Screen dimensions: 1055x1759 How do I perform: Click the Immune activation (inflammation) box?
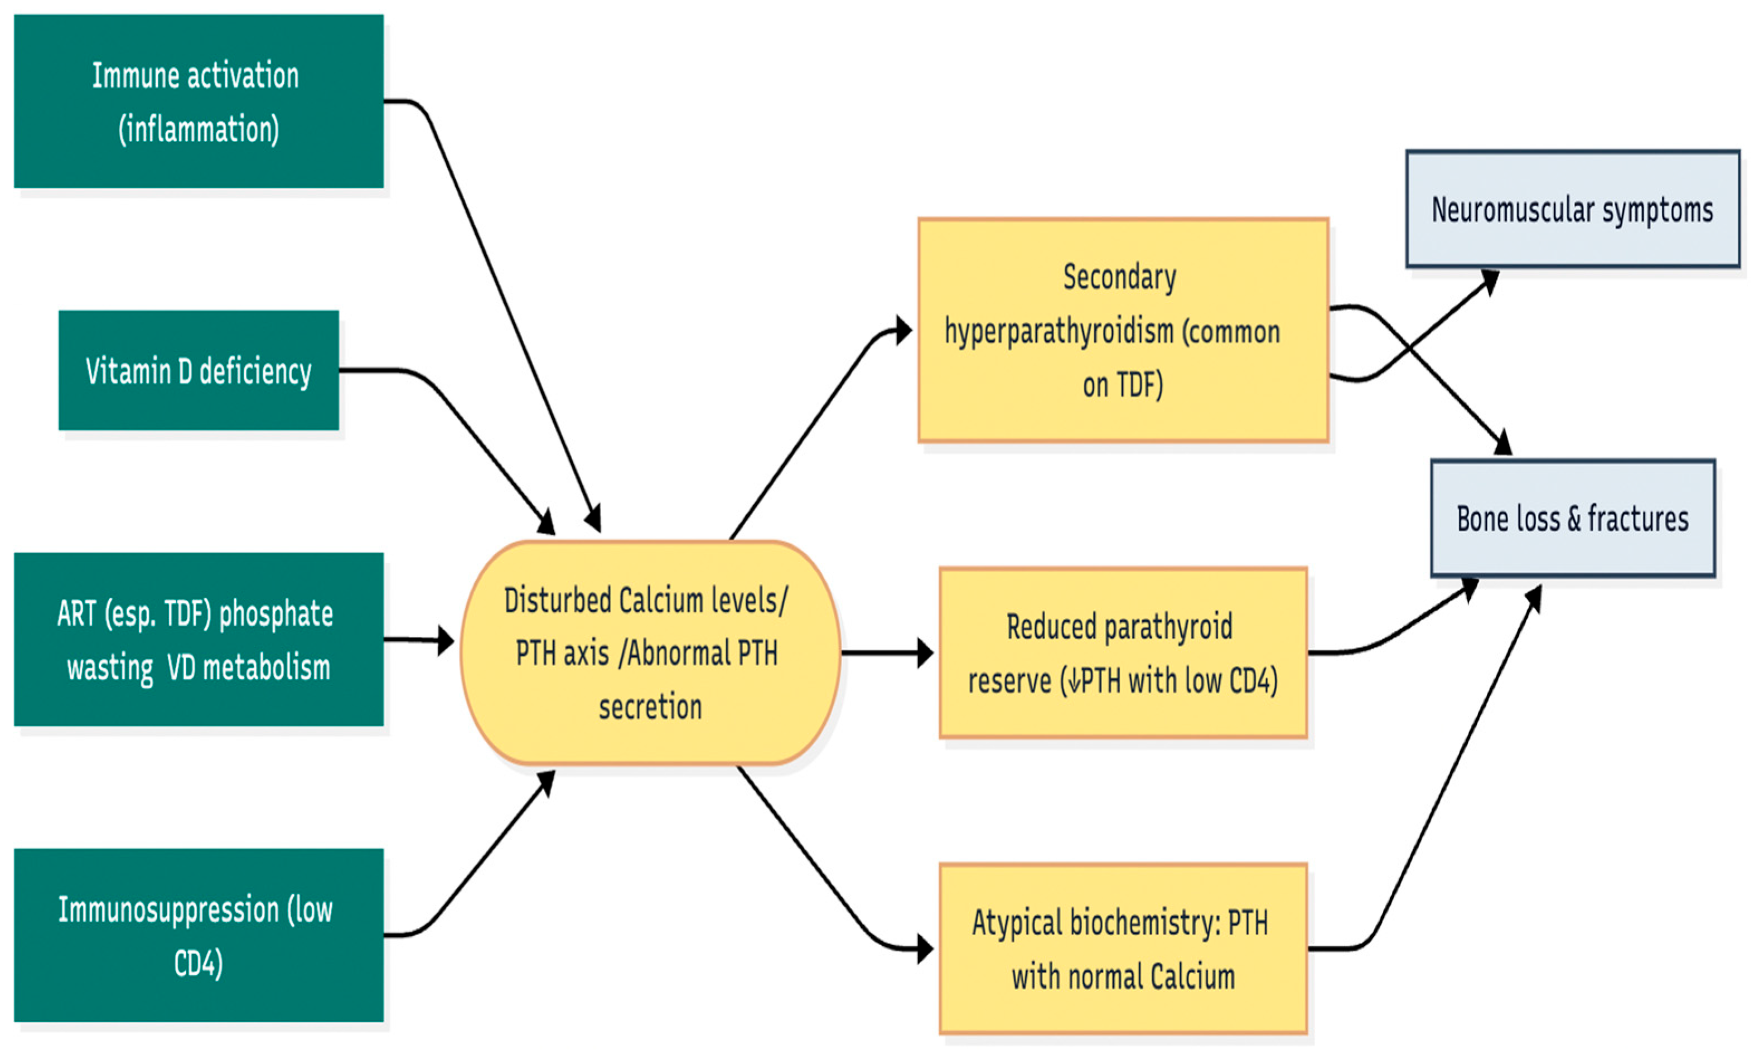click(199, 101)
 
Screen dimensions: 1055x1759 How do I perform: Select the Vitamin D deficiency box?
click(199, 370)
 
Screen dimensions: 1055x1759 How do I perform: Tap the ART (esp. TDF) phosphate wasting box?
click(199, 640)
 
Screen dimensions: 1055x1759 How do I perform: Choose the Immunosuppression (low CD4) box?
click(199, 936)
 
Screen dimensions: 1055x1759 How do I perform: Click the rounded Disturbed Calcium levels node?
click(650, 652)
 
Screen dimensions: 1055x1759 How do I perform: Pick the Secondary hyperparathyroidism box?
click(1123, 331)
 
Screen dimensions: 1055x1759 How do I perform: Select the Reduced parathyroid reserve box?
click(1123, 652)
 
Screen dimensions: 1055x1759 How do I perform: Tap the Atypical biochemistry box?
click(1123, 948)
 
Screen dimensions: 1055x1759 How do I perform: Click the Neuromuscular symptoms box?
click(1572, 209)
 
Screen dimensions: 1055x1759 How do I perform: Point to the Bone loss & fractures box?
click(1572, 518)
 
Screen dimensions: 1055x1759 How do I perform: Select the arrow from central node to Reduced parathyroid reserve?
click(885, 652)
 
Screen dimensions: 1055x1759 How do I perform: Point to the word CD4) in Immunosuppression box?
click(199, 964)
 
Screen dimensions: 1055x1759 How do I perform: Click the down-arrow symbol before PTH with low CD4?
click(1073, 681)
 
